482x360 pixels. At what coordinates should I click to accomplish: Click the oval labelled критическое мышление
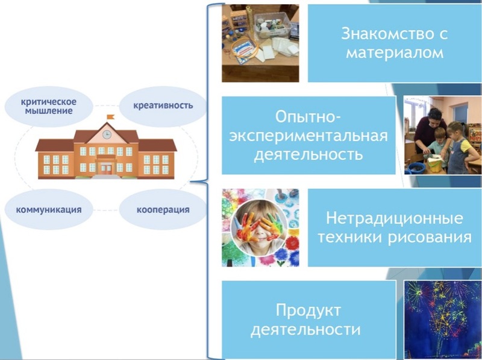(x=49, y=107)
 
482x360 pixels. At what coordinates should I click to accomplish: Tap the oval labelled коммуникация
(x=49, y=209)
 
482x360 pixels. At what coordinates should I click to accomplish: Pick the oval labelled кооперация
(x=163, y=209)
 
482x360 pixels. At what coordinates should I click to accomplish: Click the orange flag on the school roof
(x=110, y=117)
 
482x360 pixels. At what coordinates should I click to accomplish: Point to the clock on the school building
(x=107, y=134)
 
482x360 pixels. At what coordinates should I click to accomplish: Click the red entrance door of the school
(x=106, y=169)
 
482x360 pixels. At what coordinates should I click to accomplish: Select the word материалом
(x=395, y=53)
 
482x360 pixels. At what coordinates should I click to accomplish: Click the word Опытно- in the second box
(x=308, y=117)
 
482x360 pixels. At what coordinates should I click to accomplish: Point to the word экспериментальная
(x=308, y=136)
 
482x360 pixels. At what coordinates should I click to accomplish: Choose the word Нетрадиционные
(x=395, y=218)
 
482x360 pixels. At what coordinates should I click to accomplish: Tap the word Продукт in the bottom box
(x=308, y=310)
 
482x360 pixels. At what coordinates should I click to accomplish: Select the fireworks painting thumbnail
(x=443, y=320)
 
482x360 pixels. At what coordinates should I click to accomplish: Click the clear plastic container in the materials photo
(x=272, y=25)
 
